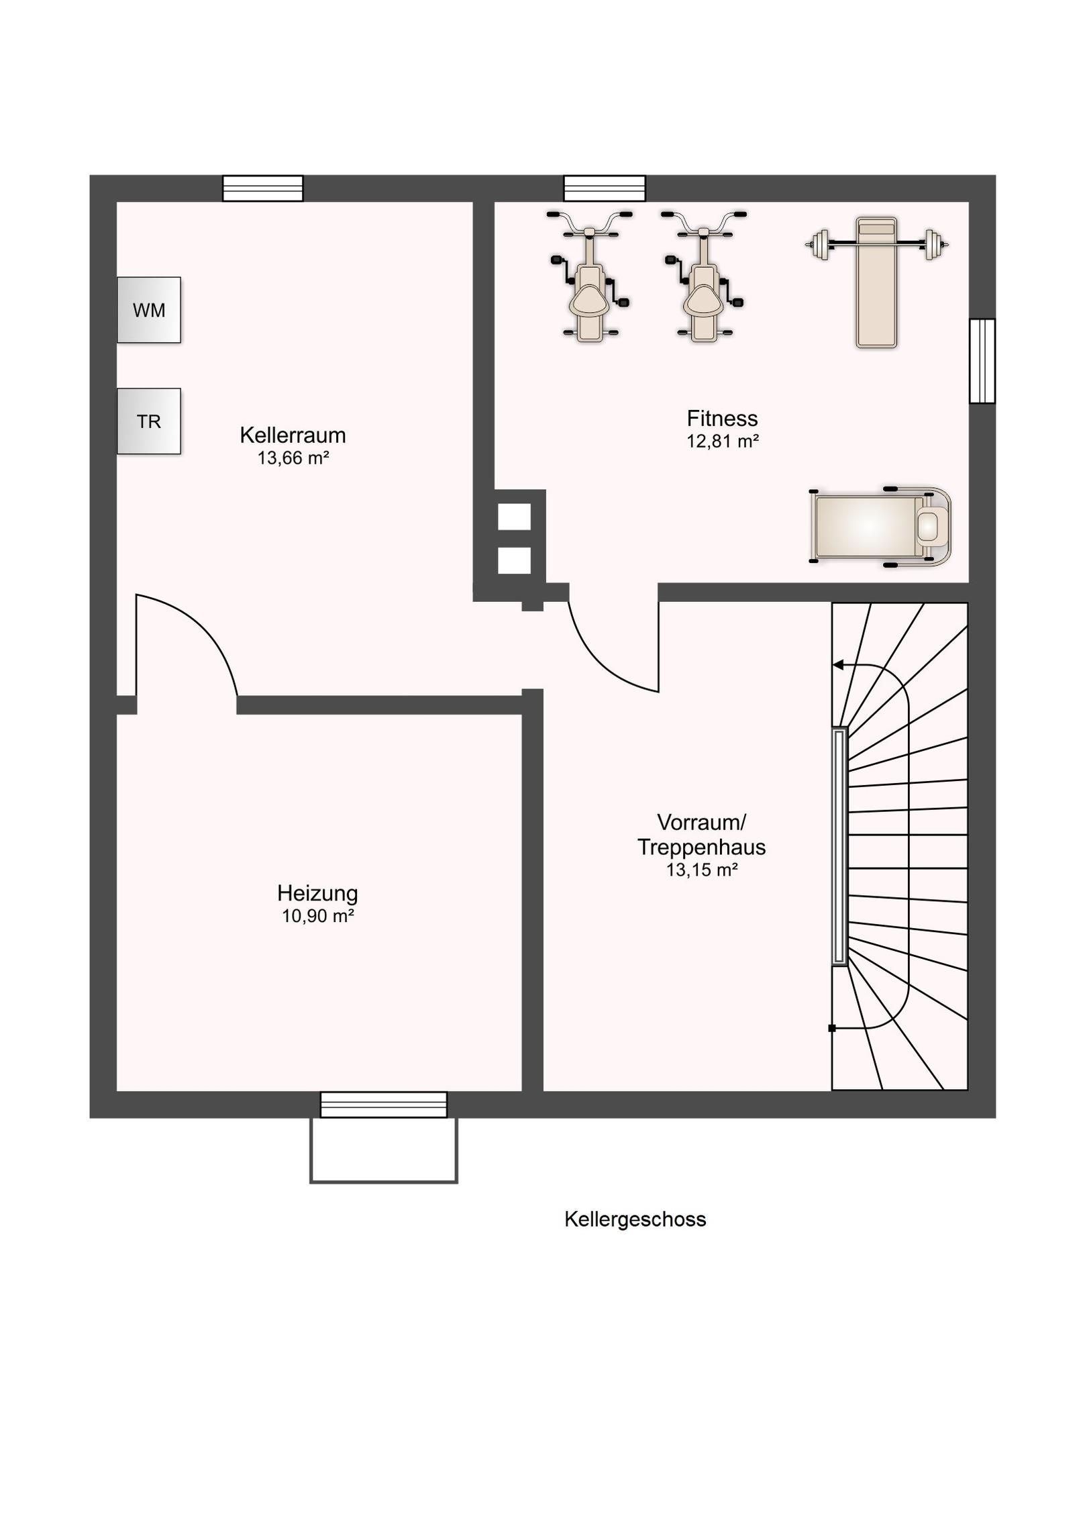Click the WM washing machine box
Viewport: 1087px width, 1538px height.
click(x=149, y=310)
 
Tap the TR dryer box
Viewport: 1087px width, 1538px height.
click(x=149, y=421)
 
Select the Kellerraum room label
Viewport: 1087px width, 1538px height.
click(x=293, y=435)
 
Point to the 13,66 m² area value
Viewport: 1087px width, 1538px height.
click(x=293, y=458)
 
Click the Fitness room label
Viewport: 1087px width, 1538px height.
click(x=722, y=419)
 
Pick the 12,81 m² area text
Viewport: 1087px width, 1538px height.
click(x=723, y=442)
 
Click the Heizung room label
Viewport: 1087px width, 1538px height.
click(x=317, y=894)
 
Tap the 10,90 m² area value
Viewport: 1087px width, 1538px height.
click(x=318, y=917)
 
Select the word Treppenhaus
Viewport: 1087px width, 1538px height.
click(x=701, y=848)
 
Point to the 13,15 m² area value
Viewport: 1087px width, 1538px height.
click(x=702, y=870)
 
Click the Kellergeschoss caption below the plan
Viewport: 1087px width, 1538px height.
click(x=635, y=1219)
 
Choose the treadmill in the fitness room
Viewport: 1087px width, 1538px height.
click(x=880, y=527)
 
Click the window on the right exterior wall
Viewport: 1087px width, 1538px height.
click(x=982, y=361)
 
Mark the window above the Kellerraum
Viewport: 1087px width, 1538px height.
click(x=263, y=189)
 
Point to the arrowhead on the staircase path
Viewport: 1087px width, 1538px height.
click(x=838, y=666)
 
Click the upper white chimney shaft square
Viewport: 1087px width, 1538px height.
click(x=514, y=517)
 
